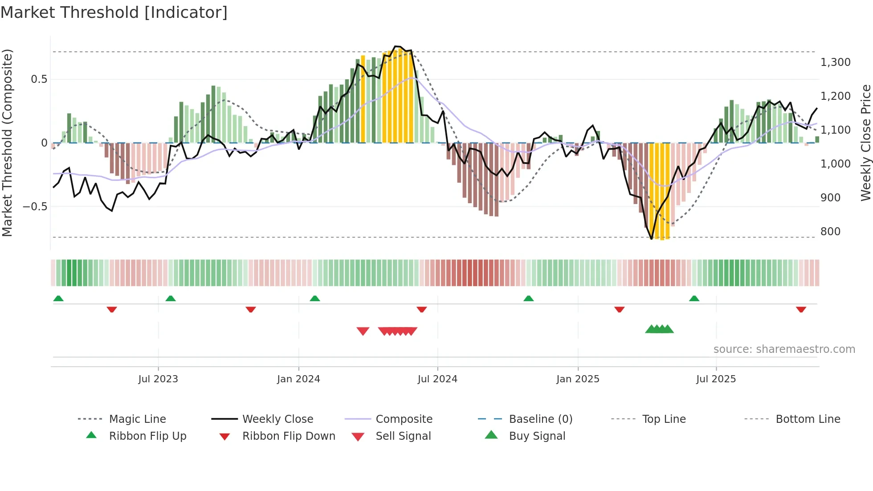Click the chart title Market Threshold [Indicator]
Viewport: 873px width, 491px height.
click(x=114, y=12)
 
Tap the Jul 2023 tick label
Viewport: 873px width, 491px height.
click(x=158, y=379)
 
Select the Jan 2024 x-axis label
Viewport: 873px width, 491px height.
click(x=298, y=379)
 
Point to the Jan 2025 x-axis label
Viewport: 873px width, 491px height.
click(x=578, y=379)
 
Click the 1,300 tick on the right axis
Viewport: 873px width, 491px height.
click(x=835, y=62)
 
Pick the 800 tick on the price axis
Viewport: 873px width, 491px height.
click(x=830, y=232)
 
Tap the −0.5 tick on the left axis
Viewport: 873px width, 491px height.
click(x=35, y=207)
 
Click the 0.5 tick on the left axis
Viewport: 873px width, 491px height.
click(x=39, y=79)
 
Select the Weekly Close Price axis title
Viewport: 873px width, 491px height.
click(x=865, y=143)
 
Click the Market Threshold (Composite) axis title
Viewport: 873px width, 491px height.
click(x=7, y=143)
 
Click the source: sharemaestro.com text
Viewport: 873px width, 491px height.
click(x=784, y=349)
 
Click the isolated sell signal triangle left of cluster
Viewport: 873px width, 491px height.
click(x=363, y=331)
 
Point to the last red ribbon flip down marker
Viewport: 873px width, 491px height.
click(x=801, y=309)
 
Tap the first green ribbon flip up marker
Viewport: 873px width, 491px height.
click(x=58, y=299)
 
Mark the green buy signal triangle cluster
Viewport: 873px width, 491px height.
click(x=659, y=329)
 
